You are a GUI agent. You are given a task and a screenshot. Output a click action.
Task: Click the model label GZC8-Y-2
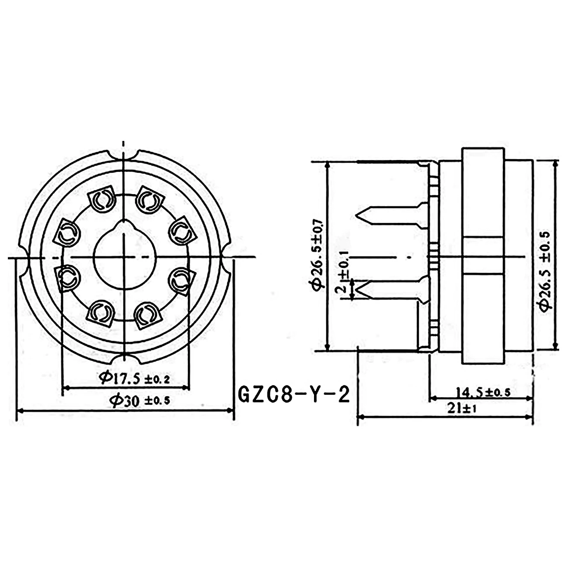click(x=294, y=395)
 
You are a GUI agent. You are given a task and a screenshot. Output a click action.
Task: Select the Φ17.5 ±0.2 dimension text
click(x=134, y=378)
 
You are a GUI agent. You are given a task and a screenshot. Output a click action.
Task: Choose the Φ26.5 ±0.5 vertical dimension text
click(x=544, y=270)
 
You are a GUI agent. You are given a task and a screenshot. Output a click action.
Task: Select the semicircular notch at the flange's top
click(x=124, y=154)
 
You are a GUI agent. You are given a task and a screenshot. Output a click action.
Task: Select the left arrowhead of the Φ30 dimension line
click(x=20, y=410)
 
